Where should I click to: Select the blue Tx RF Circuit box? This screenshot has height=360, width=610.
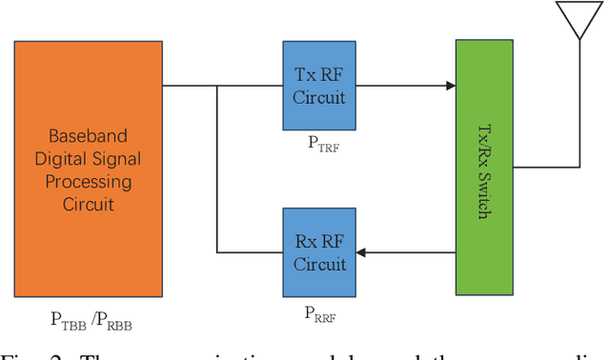coord(319,86)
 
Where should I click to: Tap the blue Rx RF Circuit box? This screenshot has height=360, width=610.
coord(319,251)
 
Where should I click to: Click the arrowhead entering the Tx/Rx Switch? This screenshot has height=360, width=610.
coord(449,86)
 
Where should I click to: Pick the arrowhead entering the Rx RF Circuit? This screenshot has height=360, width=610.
coord(363,252)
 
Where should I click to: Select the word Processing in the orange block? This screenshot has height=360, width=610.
coord(88,181)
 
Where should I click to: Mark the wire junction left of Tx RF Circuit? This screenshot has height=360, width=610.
coord(218,86)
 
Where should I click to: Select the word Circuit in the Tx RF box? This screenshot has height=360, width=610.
coord(319,96)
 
